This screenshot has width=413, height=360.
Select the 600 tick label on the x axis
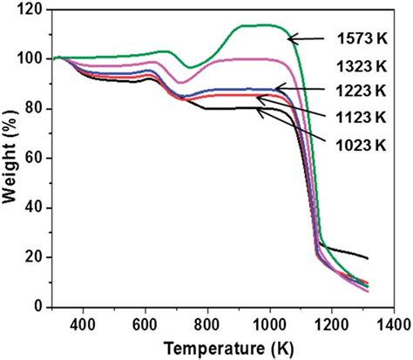pyautogui.click(x=146, y=323)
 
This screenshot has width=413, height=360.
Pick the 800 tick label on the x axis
pyautogui.click(x=207, y=323)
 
